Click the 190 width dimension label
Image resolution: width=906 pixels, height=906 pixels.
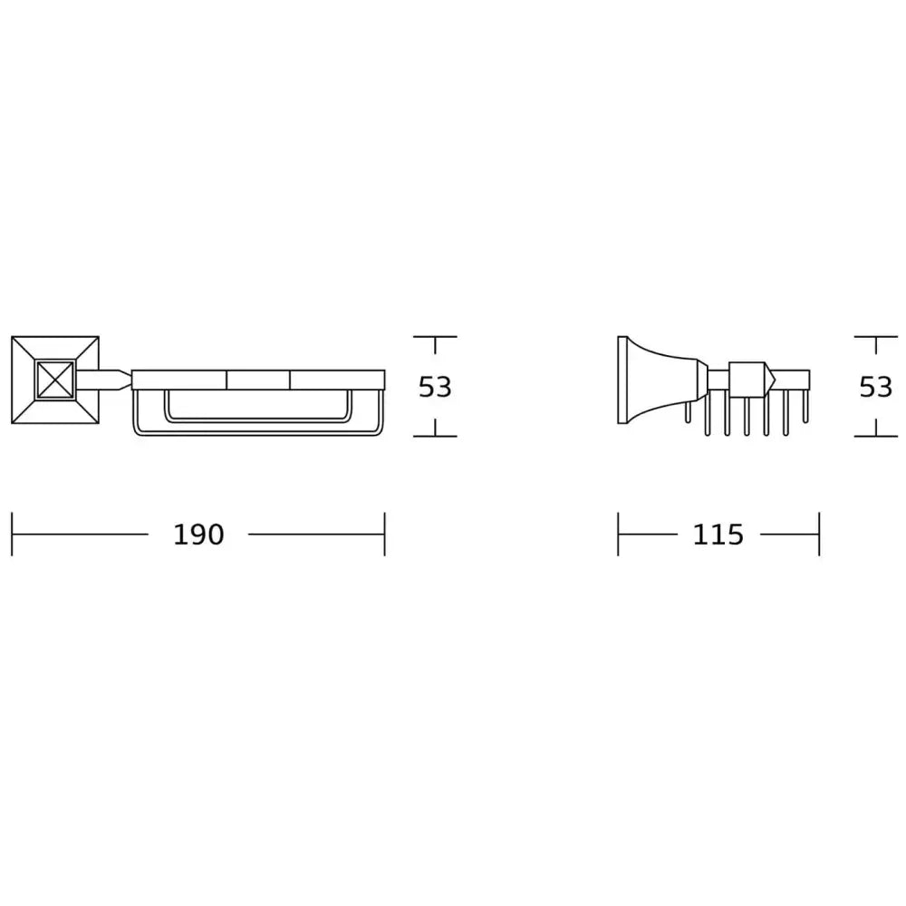coord(198,535)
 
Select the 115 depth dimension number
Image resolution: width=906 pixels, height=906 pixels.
coord(718,535)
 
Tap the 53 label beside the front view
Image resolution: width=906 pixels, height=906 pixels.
coord(435,387)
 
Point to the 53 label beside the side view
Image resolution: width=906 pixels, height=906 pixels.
coord(876,387)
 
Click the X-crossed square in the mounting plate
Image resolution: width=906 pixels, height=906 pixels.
coord(55,380)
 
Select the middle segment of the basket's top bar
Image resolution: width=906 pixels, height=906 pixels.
coord(258,380)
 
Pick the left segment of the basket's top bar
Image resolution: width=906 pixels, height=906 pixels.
coord(179,380)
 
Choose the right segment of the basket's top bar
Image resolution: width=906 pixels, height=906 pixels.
coord(337,380)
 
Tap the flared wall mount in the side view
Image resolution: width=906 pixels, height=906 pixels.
coord(659,380)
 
